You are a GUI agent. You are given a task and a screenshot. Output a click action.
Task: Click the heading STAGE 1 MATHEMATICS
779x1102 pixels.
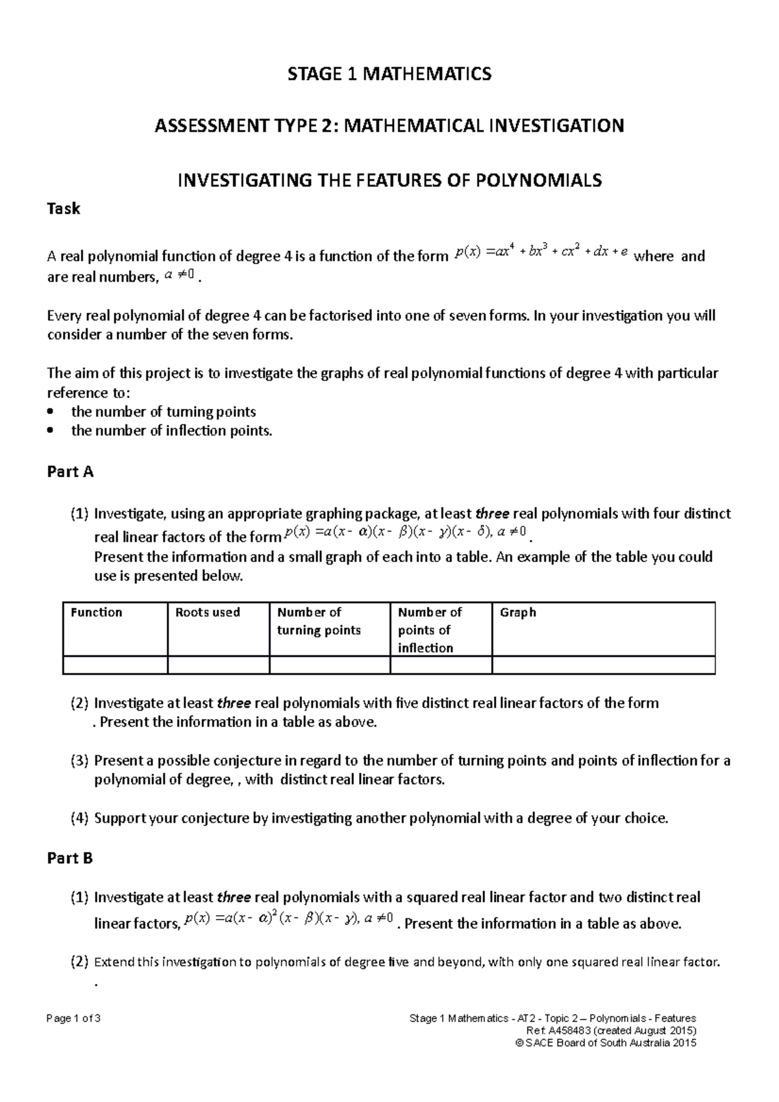pyautogui.click(x=389, y=74)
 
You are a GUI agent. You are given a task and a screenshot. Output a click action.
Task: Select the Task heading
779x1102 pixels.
pyautogui.click(x=64, y=209)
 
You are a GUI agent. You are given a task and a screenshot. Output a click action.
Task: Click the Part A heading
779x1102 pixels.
pyautogui.click(x=70, y=472)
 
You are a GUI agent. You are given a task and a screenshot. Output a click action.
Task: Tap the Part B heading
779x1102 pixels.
pyautogui.click(x=70, y=858)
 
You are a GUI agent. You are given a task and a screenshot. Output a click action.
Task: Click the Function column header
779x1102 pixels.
pyautogui.click(x=96, y=613)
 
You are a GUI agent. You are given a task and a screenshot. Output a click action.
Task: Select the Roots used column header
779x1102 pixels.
pyautogui.click(x=208, y=613)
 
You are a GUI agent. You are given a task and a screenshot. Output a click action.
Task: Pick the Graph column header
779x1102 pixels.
pyautogui.click(x=517, y=613)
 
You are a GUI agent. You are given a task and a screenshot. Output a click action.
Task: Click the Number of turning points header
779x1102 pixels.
pyautogui.click(x=319, y=621)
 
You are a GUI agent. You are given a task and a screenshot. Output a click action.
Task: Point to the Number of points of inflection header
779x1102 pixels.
pyautogui.click(x=429, y=630)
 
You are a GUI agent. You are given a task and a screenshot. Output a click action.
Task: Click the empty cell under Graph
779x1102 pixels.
pyautogui.click(x=603, y=665)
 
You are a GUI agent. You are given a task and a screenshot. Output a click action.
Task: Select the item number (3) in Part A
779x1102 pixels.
pyautogui.click(x=79, y=761)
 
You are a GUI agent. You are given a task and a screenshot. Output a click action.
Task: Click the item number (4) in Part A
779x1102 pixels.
pyautogui.click(x=79, y=818)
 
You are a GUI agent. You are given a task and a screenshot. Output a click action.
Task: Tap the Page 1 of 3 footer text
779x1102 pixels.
pyautogui.click(x=73, y=1018)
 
